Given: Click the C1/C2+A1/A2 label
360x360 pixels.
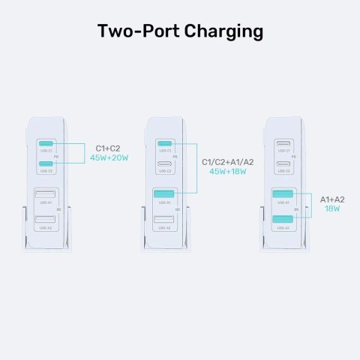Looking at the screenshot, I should point(224,161).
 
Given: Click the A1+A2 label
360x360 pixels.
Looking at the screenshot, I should point(333,200).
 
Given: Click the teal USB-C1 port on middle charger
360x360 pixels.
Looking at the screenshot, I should point(164,144).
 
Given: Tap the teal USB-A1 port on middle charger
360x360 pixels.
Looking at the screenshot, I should point(164,196).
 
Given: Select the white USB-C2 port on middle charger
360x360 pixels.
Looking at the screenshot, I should point(164,163).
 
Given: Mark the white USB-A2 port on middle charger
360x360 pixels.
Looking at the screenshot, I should point(164,220).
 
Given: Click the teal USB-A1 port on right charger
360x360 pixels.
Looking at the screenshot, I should point(283,196).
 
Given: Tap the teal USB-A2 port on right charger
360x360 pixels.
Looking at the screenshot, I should point(283,220).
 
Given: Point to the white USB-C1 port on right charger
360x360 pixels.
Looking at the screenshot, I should point(283,144).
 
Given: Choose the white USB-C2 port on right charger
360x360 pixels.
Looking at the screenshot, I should point(283,163).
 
